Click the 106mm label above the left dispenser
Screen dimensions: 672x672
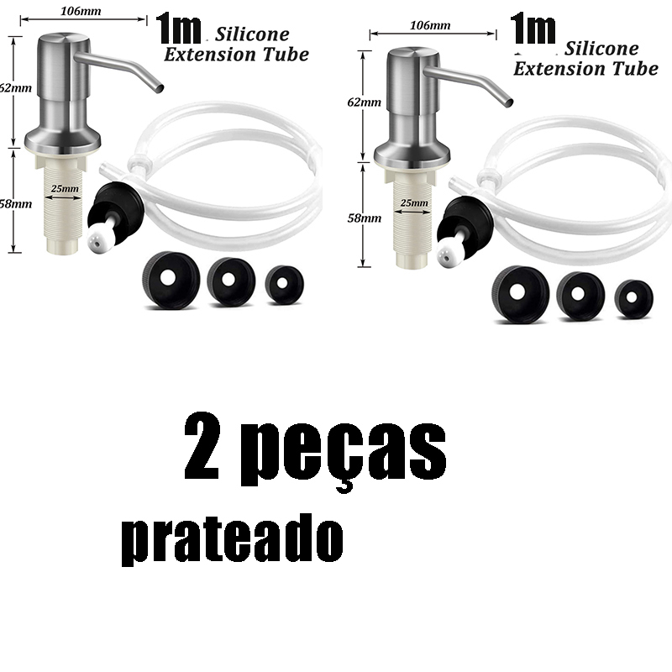tap(81, 11)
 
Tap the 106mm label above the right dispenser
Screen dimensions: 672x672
tap(430, 25)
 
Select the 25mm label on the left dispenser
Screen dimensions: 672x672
tap(65, 188)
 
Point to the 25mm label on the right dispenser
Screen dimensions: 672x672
tap(414, 202)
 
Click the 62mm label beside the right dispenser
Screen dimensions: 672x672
tap(365, 102)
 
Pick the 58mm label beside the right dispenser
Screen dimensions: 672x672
tap(365, 218)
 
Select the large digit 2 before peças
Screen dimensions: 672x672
tap(202, 446)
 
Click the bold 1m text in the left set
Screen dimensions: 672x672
tap(178, 29)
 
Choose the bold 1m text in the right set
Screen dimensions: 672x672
tap(533, 29)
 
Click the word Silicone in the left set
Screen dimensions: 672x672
tap(252, 34)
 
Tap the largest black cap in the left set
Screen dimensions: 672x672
tap(171, 280)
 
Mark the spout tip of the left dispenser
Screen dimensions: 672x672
tap(159, 88)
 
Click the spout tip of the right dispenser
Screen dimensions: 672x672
tap(508, 102)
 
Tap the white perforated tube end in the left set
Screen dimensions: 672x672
tap(99, 240)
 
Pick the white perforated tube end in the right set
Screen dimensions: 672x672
tap(449, 255)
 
